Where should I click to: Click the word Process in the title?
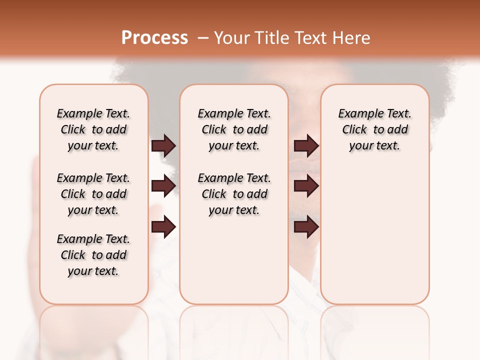[x=154, y=38]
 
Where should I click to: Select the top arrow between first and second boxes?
[x=163, y=146]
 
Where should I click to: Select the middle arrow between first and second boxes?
[x=163, y=186]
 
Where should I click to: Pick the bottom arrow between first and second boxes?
[x=163, y=227]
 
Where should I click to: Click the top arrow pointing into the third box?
[x=306, y=146]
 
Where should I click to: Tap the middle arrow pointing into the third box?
[x=306, y=186]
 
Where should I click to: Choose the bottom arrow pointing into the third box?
[x=306, y=227]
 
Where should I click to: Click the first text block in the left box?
[x=93, y=129]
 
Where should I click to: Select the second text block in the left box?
[x=93, y=194]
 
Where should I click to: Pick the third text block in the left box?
[x=93, y=255]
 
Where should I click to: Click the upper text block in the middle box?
[x=234, y=129]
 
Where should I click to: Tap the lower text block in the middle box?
[x=234, y=194]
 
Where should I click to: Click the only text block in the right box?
[x=374, y=129]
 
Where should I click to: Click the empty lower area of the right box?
[x=374, y=230]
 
